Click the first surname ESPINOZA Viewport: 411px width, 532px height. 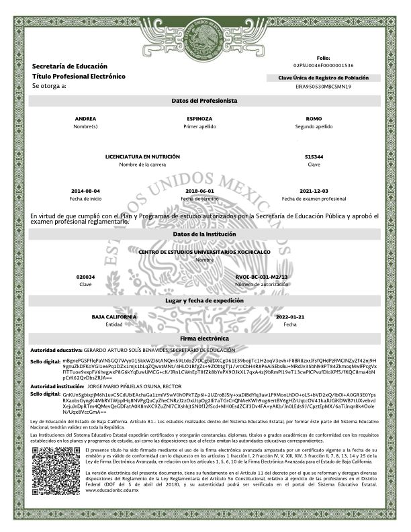[x=200, y=118]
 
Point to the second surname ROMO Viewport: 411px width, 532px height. [x=314, y=118]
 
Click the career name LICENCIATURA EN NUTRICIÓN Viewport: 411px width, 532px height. [x=142, y=157]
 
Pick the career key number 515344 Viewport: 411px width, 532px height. [x=314, y=157]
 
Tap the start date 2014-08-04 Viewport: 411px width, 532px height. [x=86, y=191]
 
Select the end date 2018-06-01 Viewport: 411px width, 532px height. [x=200, y=191]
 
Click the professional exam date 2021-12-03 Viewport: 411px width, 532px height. [x=314, y=191]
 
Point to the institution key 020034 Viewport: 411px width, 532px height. [x=86, y=277]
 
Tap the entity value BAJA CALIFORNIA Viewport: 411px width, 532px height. [x=114, y=316]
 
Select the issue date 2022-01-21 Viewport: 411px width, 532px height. [x=290, y=316]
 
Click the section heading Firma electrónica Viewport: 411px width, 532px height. [x=205, y=339]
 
